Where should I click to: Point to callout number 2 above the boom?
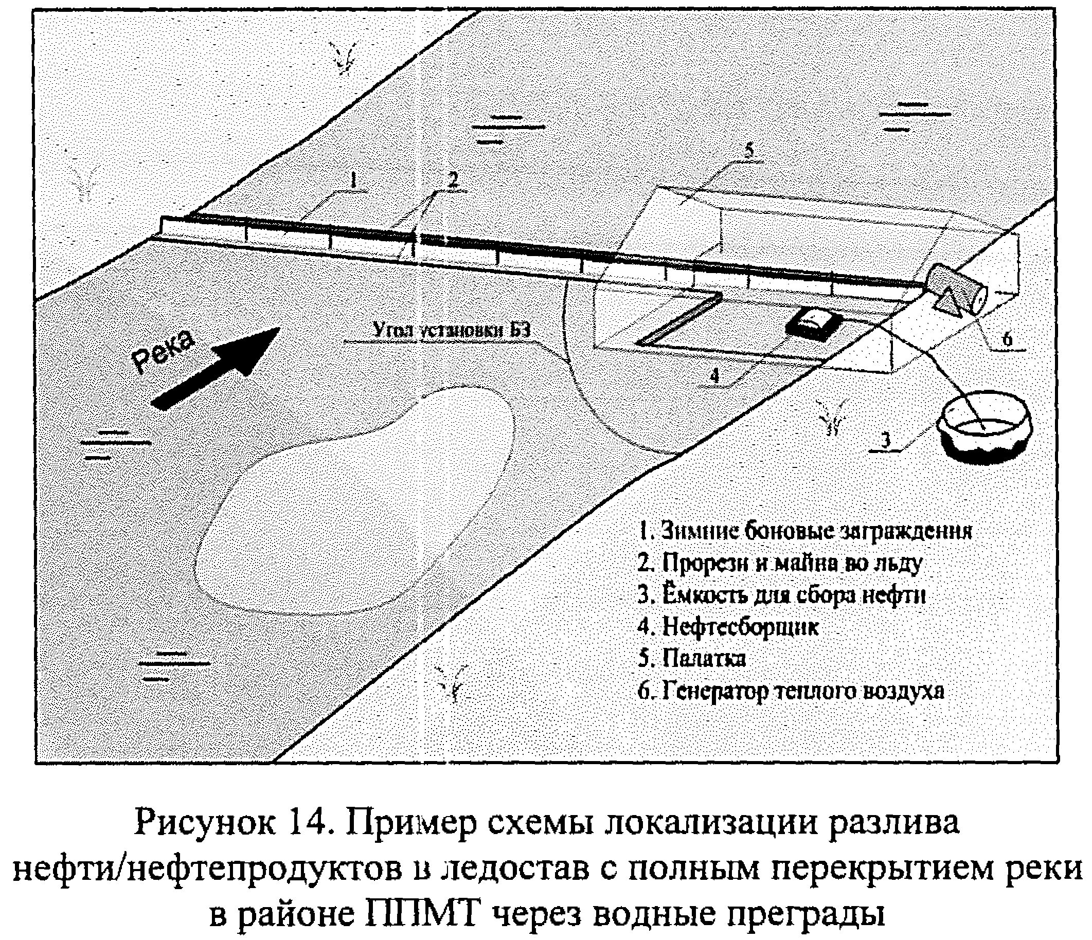452,179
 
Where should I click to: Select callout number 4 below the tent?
714,375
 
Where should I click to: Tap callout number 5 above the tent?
748,151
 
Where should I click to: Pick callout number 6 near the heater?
1007,339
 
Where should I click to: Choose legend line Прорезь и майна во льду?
779,563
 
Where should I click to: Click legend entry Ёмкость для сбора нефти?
782,595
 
